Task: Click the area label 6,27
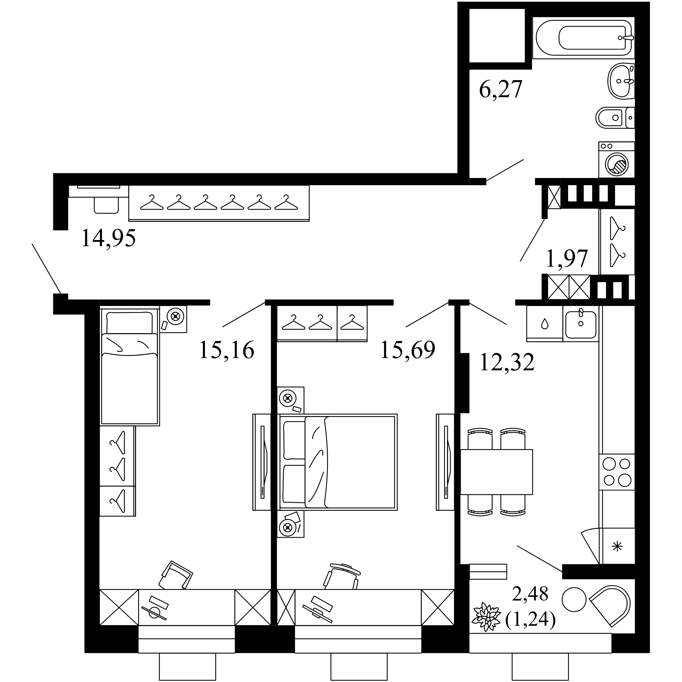500,89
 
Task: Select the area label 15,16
227,350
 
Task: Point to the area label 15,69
408,350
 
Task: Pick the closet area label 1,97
566,258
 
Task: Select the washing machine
617,160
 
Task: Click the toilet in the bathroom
615,118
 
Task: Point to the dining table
496,472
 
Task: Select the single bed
130,366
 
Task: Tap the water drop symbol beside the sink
545,324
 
